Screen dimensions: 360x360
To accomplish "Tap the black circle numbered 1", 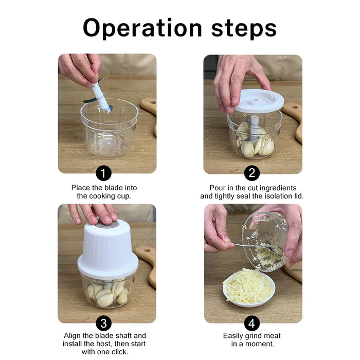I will [x=104, y=173].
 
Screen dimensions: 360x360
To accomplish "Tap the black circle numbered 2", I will [x=251, y=173].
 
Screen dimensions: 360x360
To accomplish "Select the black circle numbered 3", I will [x=104, y=323].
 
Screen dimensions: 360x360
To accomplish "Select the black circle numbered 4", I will [x=251, y=323].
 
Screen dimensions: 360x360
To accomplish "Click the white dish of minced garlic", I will [x=249, y=289].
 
